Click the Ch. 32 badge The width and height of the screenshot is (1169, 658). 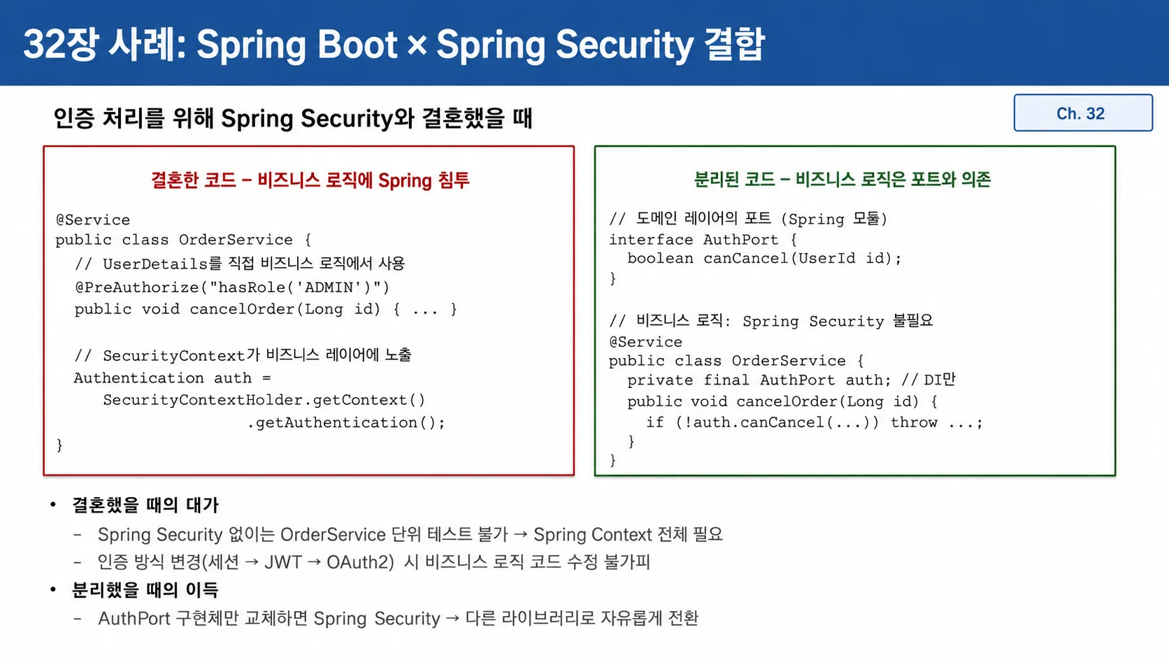click(x=1083, y=113)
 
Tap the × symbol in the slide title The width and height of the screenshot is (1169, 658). click(x=417, y=44)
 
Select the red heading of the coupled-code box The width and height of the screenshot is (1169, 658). click(x=310, y=180)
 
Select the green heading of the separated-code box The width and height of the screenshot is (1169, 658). click(x=842, y=180)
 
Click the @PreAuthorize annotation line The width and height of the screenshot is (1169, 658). click(x=232, y=287)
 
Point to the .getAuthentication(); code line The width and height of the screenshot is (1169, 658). click(x=346, y=422)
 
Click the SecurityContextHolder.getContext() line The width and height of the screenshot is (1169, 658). click(x=264, y=400)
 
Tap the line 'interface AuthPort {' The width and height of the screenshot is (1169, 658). click(x=703, y=240)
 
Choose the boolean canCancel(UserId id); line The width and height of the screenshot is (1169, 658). click(x=765, y=258)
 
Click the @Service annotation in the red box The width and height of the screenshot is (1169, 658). click(x=93, y=220)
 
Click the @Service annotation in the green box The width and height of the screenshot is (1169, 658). click(x=645, y=342)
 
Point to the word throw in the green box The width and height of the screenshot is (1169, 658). click(x=914, y=422)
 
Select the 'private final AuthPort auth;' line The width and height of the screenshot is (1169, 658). click(x=759, y=380)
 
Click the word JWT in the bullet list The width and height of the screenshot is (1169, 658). click(x=283, y=562)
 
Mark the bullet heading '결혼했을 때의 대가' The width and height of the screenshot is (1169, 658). click(x=145, y=505)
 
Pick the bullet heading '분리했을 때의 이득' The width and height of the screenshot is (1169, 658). click(x=145, y=589)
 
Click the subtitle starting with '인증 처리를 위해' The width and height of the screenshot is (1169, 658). click(x=293, y=118)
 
